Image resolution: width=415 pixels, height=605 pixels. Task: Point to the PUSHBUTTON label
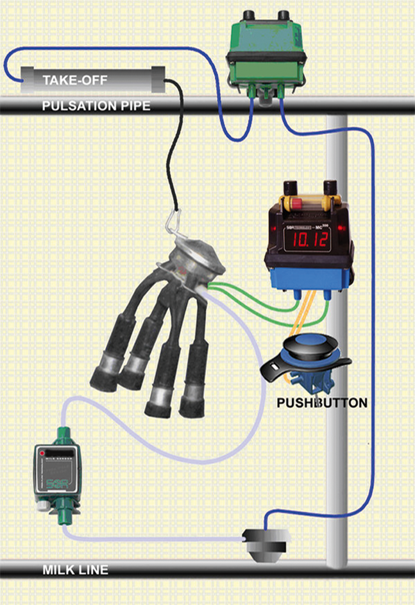[322, 403]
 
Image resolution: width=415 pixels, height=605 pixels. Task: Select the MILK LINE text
[75, 570]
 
